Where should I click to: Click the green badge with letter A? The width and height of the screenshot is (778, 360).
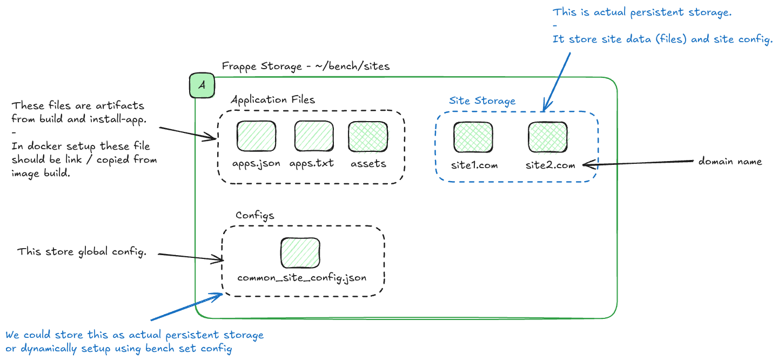pos(202,86)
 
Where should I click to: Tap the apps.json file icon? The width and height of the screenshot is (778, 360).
pos(257,136)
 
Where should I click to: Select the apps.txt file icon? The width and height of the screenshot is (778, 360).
pos(314,136)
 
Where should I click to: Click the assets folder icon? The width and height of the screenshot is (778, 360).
pos(368,136)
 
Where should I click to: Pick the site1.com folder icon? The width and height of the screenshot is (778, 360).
pos(473,136)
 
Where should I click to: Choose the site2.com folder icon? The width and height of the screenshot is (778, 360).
pos(547,136)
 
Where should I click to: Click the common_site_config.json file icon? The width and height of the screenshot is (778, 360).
pos(300,252)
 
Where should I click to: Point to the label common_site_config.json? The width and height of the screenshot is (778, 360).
pos(302,278)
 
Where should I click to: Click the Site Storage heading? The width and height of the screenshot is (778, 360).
pos(482,101)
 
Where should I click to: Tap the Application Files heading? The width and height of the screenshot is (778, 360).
pos(272,99)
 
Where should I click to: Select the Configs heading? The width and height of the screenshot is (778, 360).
pos(254,215)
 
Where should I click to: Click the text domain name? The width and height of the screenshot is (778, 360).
pos(730,161)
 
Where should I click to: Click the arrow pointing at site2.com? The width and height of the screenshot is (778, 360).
pos(638,162)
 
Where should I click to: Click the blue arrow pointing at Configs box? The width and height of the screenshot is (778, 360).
pos(186,307)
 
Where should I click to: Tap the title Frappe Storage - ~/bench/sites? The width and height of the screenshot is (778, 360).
pos(305,66)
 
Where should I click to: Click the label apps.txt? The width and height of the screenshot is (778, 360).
pos(311,163)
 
